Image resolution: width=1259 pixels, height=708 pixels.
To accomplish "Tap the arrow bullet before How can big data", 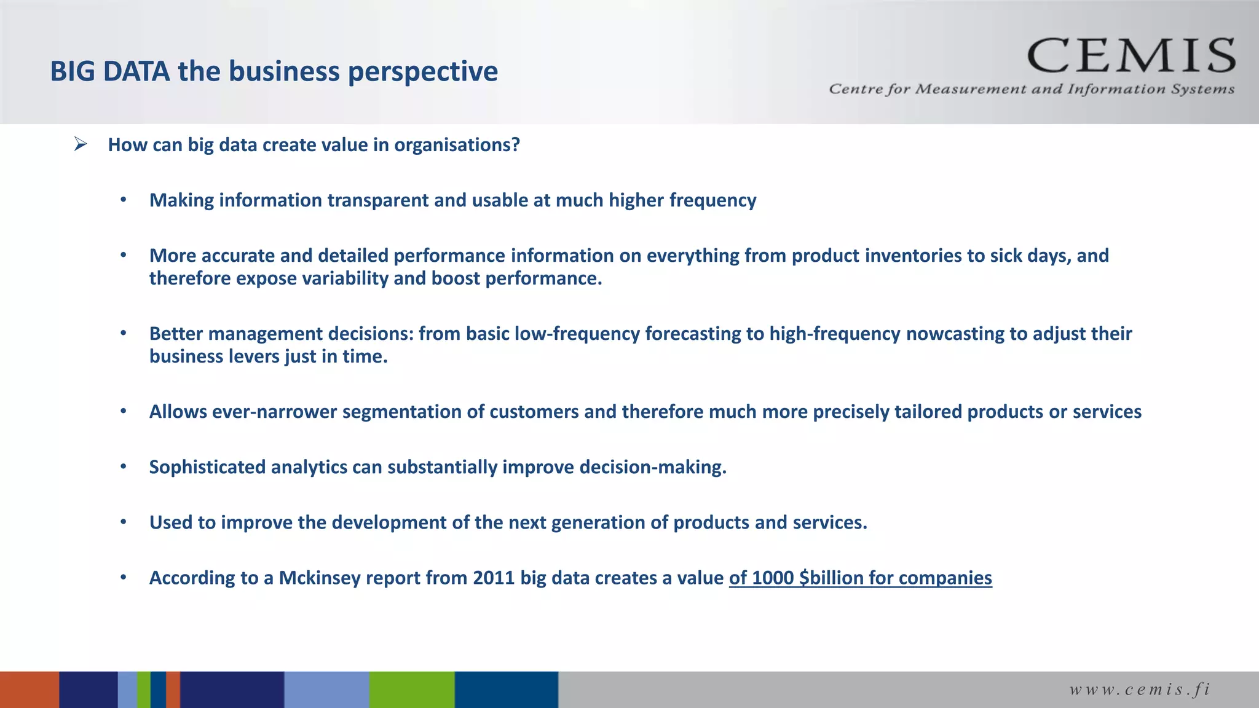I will pyautogui.click(x=81, y=144).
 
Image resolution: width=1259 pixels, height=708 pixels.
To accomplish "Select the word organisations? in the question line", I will pyautogui.click(x=457, y=146).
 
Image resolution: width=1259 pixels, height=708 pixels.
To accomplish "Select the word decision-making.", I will pyautogui.click(x=653, y=467).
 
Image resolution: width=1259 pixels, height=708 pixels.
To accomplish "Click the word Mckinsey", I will pyautogui.click(x=319, y=578).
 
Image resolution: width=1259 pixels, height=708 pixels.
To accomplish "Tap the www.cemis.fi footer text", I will pyautogui.click(x=1140, y=690).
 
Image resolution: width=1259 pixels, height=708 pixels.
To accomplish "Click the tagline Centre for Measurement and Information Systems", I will pyautogui.click(x=1031, y=90).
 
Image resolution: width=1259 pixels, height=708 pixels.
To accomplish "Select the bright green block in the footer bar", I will pyautogui.click(x=412, y=690).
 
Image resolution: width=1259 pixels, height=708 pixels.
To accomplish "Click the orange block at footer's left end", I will pyautogui.click(x=29, y=690).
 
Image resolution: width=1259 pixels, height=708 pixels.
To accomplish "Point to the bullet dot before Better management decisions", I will pyautogui.click(x=124, y=333).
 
